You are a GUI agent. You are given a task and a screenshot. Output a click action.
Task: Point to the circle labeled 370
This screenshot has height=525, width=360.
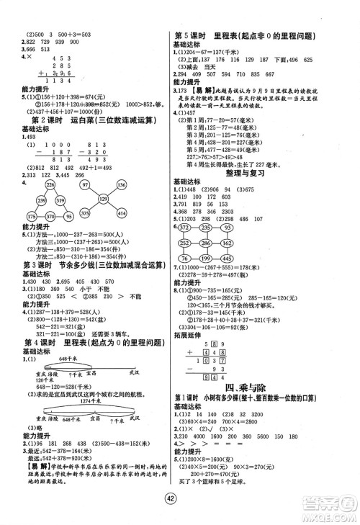[35, 215]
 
